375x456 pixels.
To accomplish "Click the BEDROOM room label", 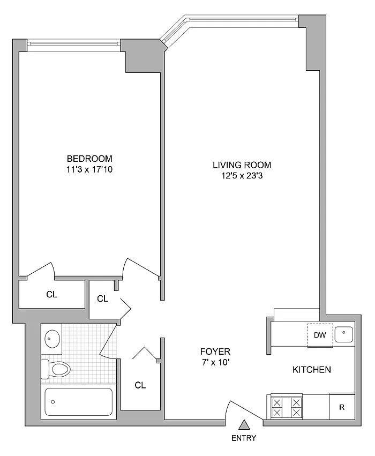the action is [x=89, y=159].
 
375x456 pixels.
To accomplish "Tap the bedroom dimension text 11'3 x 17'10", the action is [x=89, y=169].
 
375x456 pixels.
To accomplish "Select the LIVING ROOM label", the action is [x=242, y=165].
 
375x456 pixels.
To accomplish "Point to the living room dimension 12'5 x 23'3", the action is [x=242, y=176].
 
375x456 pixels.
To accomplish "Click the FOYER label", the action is [x=215, y=352].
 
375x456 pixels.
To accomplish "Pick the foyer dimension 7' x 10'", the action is [x=215, y=362].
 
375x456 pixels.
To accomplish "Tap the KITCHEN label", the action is [x=312, y=370].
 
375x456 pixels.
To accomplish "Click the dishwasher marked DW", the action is [x=320, y=335].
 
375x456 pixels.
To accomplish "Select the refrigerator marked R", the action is [x=342, y=407].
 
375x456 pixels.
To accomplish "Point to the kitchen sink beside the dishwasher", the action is [x=343, y=334].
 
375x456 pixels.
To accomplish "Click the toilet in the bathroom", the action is [x=56, y=369].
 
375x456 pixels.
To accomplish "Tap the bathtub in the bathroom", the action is [x=79, y=402].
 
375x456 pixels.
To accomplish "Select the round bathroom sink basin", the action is [x=52, y=339].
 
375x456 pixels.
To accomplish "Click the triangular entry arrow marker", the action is [x=244, y=425].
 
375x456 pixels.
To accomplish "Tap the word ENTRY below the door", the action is [x=244, y=438].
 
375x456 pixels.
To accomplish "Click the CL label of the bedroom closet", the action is [x=52, y=294].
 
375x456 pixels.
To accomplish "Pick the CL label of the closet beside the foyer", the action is [x=140, y=385].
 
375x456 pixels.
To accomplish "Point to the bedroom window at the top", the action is [x=73, y=43].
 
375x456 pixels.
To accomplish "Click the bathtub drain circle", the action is [x=53, y=402].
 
